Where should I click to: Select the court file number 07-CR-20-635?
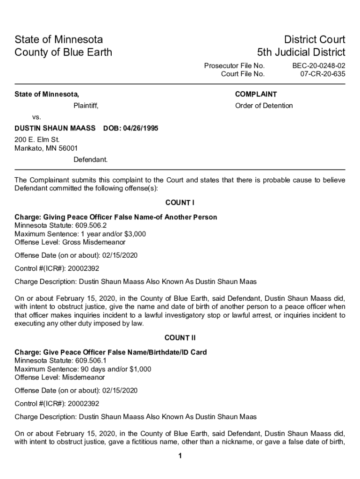(x=322, y=74)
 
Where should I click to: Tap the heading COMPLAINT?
(x=256, y=94)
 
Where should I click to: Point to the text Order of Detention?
(x=264, y=106)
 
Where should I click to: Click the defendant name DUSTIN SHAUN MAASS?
(x=55, y=128)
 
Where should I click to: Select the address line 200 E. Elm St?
(x=37, y=139)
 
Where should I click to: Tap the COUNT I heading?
(x=180, y=203)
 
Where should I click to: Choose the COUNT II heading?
(x=180, y=338)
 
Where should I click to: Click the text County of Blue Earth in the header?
(x=64, y=52)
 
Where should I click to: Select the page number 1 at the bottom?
(x=180, y=456)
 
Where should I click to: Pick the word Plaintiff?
(x=86, y=106)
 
